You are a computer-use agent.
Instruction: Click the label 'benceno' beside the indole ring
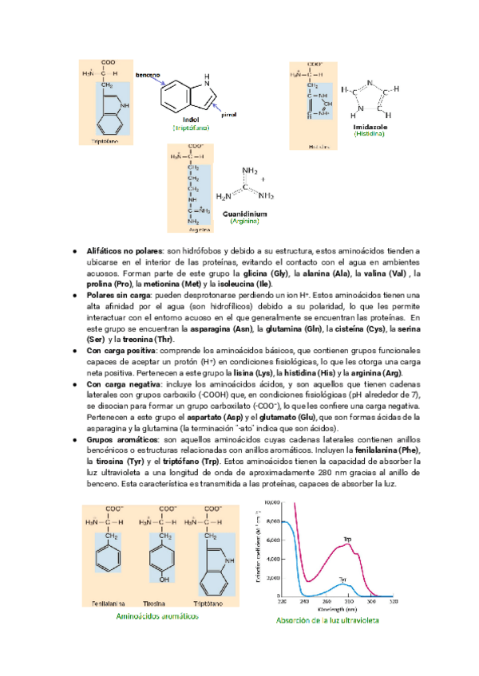tap(148, 75)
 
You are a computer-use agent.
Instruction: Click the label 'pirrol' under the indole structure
tap(229, 115)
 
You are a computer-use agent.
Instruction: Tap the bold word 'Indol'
tap(191, 120)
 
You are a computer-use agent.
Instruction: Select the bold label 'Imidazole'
tap(369, 127)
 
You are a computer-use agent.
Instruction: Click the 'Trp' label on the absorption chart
tap(347, 540)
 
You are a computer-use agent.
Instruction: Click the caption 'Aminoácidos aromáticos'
tap(157, 616)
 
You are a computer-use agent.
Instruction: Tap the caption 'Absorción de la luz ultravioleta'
tap(328, 620)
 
